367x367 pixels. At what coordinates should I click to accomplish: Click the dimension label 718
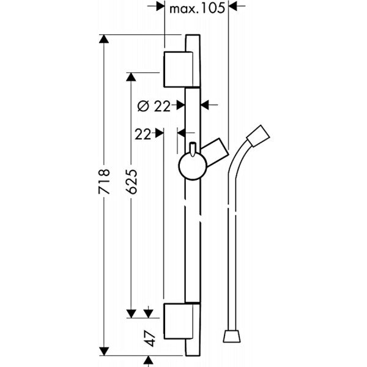coord(104,182)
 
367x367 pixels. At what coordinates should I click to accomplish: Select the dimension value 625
coord(131,182)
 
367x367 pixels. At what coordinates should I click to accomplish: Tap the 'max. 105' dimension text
coord(197,9)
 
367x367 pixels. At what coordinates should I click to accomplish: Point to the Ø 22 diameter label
coord(154,106)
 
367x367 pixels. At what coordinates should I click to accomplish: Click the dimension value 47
coord(150,338)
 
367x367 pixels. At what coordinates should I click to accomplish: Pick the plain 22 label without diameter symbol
coord(143,135)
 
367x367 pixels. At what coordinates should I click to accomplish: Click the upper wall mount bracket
coord(179,69)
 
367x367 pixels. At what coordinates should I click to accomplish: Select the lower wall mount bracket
coord(179,321)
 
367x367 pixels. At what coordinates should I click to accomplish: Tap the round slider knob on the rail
coord(193,166)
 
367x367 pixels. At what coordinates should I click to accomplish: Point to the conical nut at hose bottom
coord(231,336)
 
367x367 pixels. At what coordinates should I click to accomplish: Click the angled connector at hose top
coord(258,136)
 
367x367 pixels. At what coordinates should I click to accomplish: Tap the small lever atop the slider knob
coord(193,149)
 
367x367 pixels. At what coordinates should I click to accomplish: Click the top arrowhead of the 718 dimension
coord(104,39)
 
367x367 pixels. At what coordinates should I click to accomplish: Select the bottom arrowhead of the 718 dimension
coord(104,351)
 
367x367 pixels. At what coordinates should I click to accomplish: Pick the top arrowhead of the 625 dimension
coord(131,77)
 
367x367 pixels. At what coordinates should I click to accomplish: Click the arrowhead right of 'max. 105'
coord(233,6)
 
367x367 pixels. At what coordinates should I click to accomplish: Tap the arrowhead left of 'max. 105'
coord(160,6)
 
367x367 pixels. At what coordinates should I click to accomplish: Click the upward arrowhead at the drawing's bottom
coord(148,360)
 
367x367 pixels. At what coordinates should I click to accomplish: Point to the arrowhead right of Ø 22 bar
coord(205,105)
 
